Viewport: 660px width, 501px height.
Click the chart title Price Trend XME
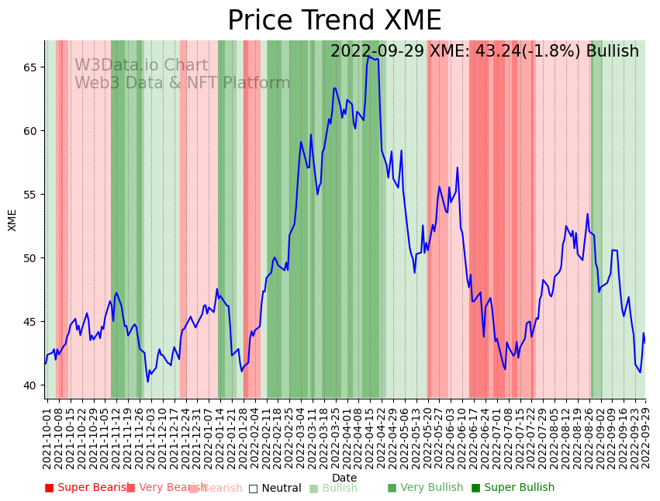point(333,21)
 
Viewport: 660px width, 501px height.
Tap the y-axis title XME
point(12,219)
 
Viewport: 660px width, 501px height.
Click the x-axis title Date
point(344,478)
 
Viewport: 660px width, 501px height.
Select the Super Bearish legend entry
point(87,488)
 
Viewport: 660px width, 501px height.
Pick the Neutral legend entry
point(275,488)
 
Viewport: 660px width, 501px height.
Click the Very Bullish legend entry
point(425,488)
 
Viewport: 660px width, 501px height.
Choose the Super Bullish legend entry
point(513,488)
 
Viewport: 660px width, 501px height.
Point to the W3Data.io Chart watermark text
point(141,66)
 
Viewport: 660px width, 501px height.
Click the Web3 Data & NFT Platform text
point(182,84)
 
